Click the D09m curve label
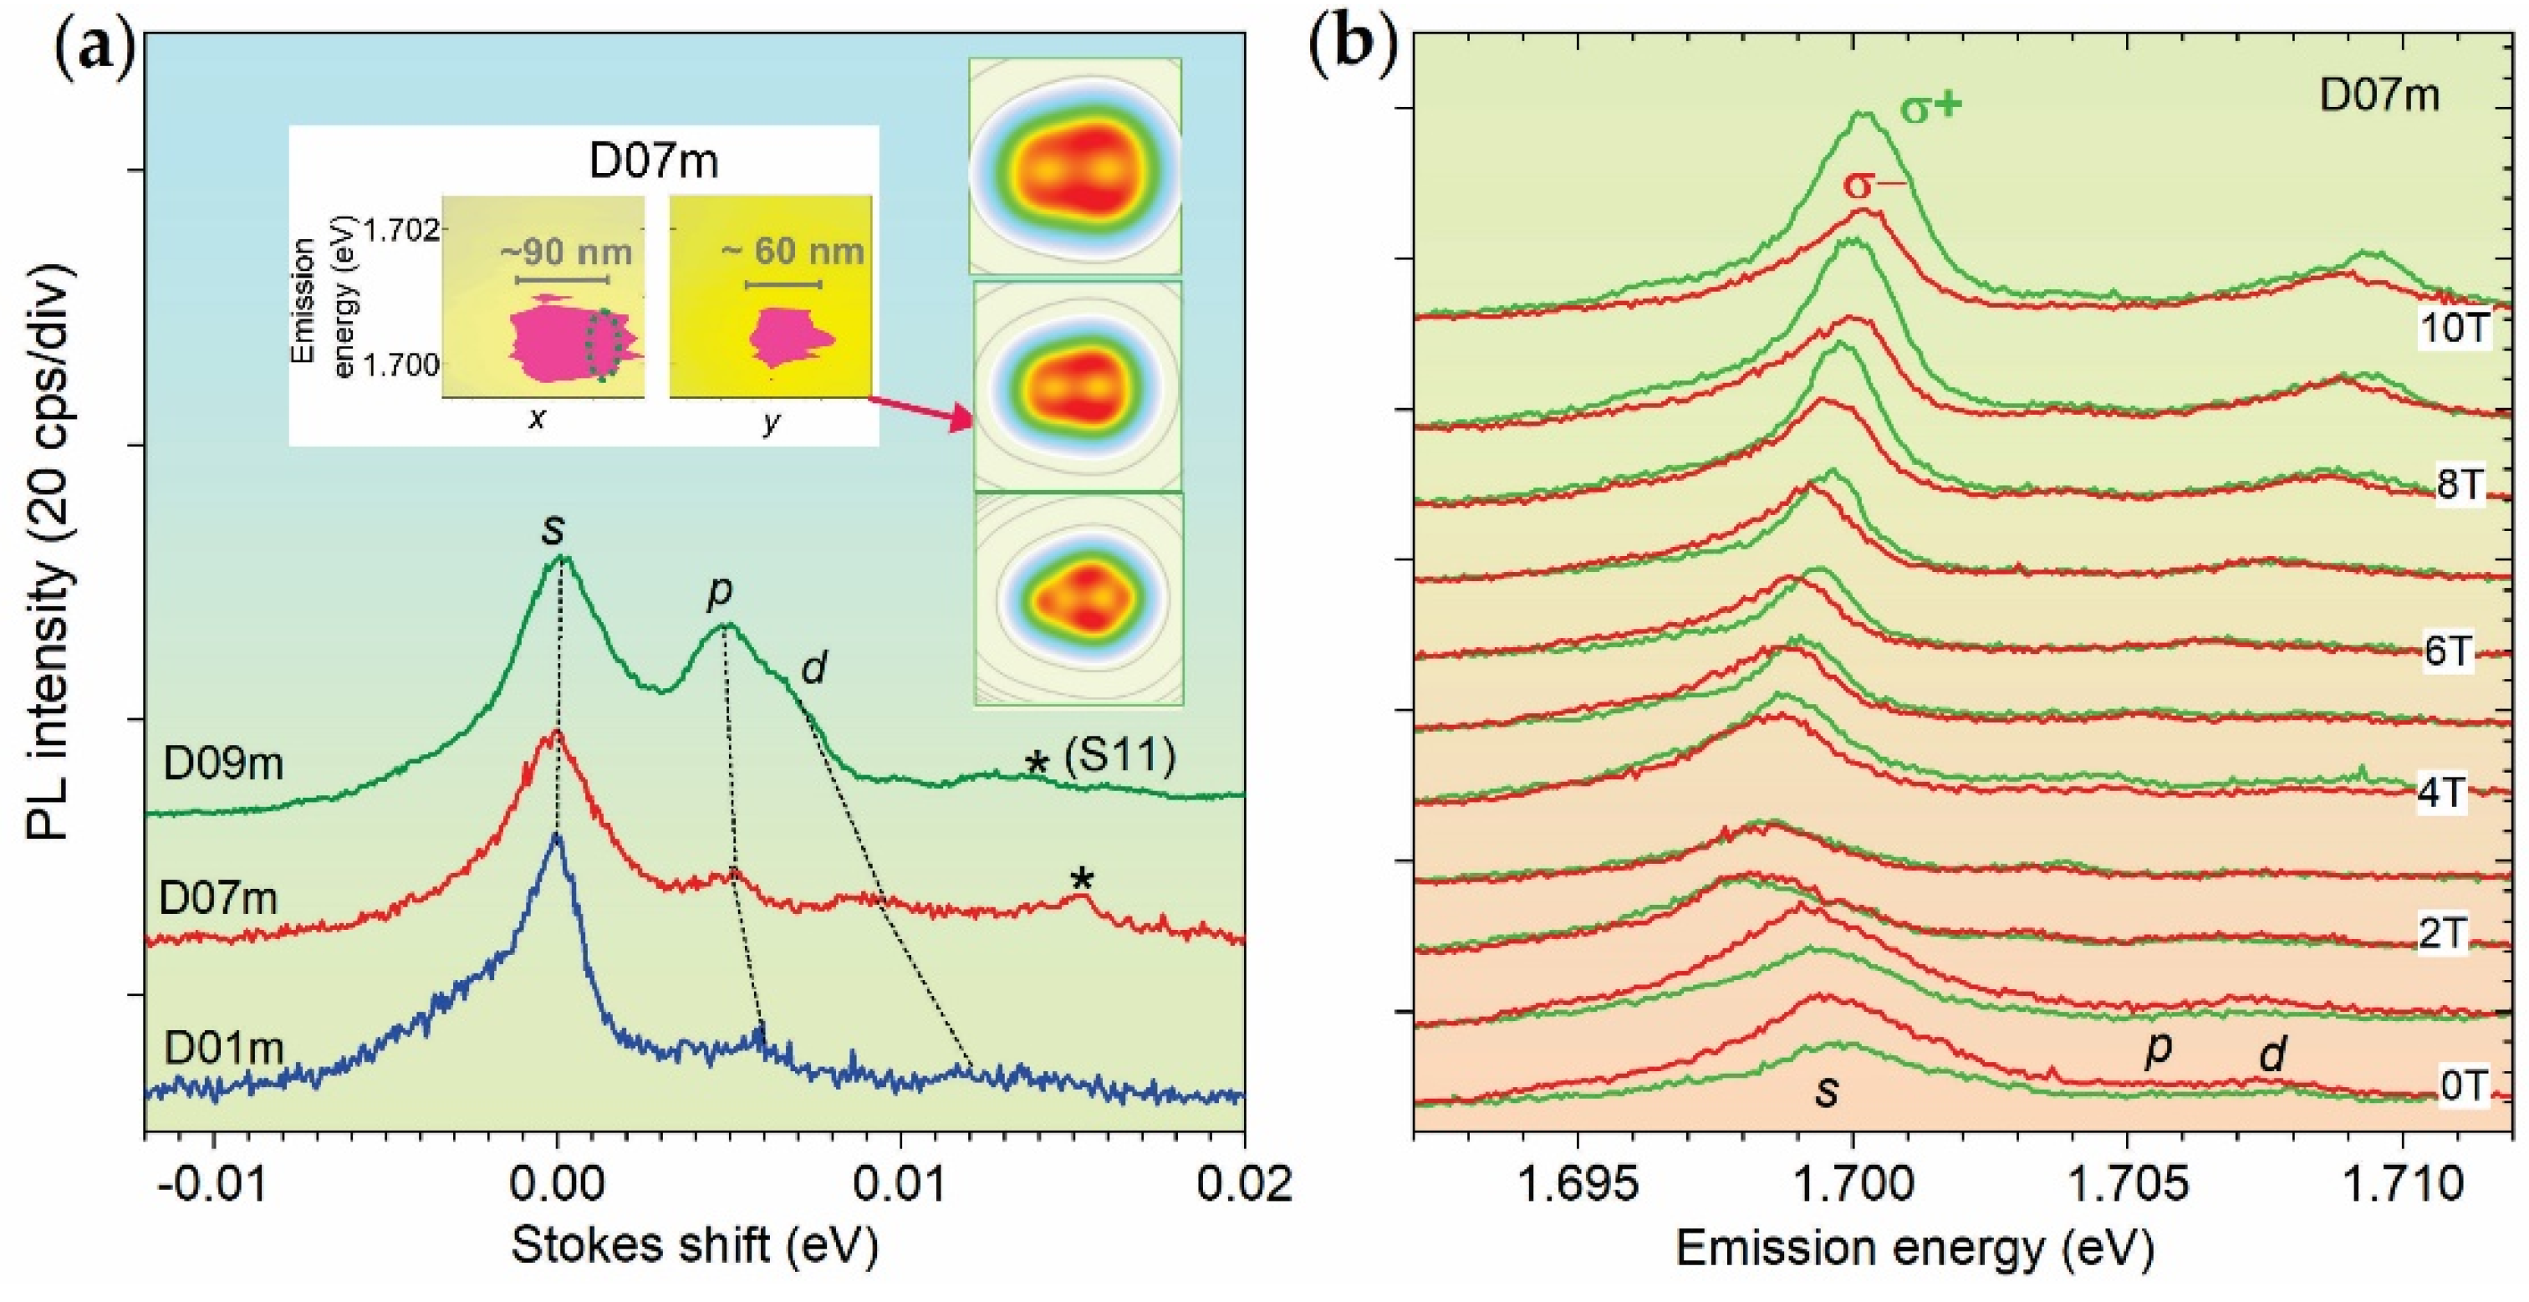pyautogui.click(x=223, y=765)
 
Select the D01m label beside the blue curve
pyautogui.click(x=223, y=1049)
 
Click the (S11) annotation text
pyautogui.click(x=1120, y=756)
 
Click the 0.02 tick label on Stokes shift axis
pyautogui.click(x=1244, y=1184)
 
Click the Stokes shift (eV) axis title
pyautogui.click(x=694, y=1246)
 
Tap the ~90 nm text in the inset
pyautogui.click(x=567, y=253)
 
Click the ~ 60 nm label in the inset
pyautogui.click(x=793, y=252)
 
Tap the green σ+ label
pyautogui.click(x=1931, y=135)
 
